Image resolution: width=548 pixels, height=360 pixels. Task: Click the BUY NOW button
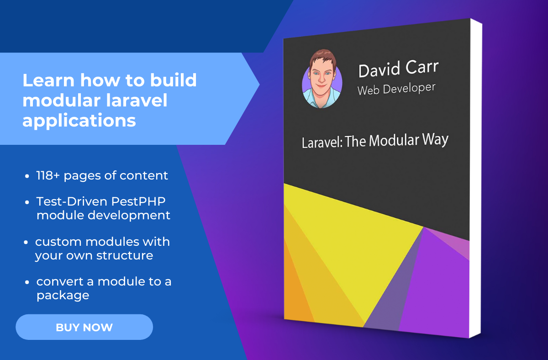(84, 327)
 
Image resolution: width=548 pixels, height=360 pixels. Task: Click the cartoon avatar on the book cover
(322, 79)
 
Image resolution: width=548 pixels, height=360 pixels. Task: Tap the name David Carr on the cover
(399, 69)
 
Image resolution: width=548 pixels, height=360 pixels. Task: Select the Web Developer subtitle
(396, 89)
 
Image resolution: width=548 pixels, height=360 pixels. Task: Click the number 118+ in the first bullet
(48, 175)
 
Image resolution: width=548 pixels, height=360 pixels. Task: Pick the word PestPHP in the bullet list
(138, 201)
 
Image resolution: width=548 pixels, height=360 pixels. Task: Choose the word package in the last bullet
(63, 296)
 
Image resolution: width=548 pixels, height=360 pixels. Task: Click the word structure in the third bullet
(125, 255)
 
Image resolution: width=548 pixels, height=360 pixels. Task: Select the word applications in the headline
(79, 121)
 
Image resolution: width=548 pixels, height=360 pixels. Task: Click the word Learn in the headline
(48, 80)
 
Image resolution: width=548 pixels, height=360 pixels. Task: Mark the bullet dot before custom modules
(26, 242)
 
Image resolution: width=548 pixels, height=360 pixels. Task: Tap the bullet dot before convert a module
(27, 282)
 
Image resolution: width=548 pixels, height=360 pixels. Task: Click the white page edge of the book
(475, 179)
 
